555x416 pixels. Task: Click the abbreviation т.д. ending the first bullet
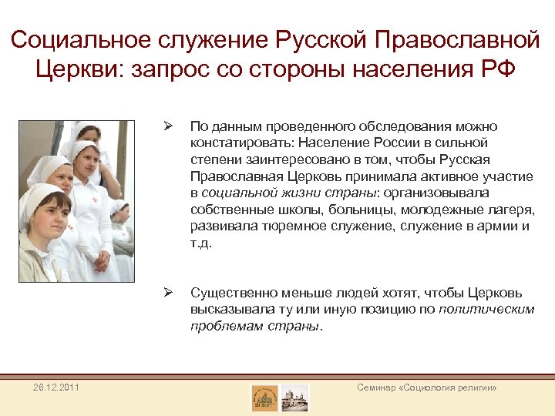click(x=200, y=243)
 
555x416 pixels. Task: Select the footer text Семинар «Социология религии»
click(x=427, y=387)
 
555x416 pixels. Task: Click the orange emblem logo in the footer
click(x=264, y=398)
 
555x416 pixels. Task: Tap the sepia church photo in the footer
click(x=295, y=398)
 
